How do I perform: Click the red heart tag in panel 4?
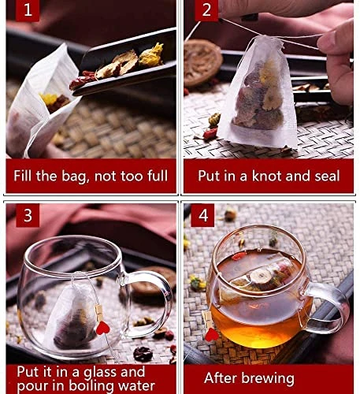[211, 335]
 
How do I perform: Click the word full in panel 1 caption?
[154, 175]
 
